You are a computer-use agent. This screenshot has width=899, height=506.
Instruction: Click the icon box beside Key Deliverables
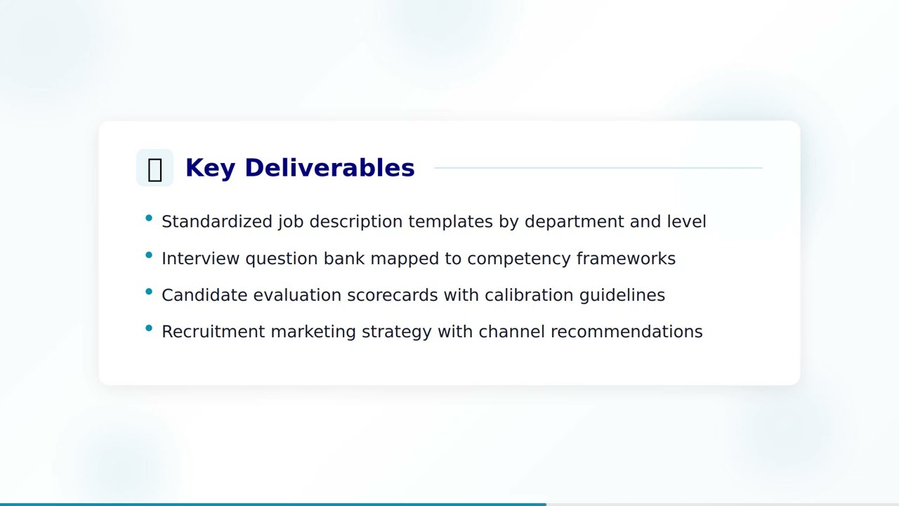pyautogui.click(x=155, y=168)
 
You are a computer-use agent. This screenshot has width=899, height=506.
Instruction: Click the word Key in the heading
pyautogui.click(x=209, y=168)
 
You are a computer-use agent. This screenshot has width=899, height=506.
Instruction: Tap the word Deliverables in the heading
pyautogui.click(x=329, y=168)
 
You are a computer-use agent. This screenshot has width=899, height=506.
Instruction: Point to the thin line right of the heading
pyautogui.click(x=598, y=168)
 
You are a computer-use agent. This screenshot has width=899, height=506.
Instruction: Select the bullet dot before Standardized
pyautogui.click(x=149, y=219)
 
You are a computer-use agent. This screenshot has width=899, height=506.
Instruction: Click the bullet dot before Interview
pyautogui.click(x=149, y=255)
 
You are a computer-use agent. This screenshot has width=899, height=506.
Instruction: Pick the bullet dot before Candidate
pyautogui.click(x=149, y=292)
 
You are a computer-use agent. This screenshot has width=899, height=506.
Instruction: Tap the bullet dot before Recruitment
pyautogui.click(x=149, y=328)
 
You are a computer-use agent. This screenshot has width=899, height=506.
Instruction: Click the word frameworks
pyautogui.click(x=626, y=259)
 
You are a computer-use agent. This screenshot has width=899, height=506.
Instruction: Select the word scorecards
pyautogui.click(x=393, y=295)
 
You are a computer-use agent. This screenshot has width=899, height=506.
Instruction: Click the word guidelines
pyautogui.click(x=622, y=295)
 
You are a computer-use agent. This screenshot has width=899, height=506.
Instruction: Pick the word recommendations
pyautogui.click(x=626, y=332)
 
